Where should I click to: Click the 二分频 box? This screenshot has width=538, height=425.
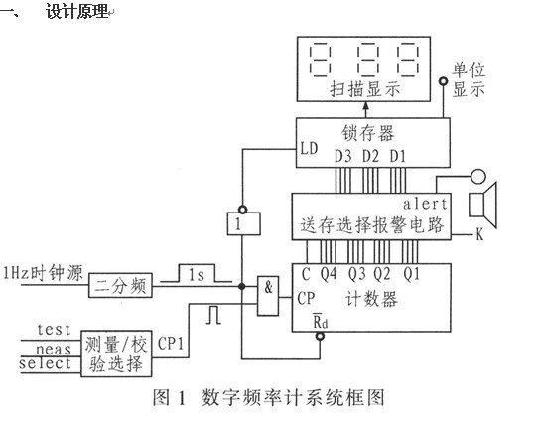[120, 285]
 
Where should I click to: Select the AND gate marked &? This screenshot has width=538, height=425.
[268, 296]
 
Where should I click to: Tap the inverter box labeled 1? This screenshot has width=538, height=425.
[243, 223]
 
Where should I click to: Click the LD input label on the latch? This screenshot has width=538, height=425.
[309, 149]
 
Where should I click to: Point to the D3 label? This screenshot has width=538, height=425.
[342, 157]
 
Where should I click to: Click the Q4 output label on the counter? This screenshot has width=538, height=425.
[329, 274]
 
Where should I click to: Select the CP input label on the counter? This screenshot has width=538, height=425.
[306, 298]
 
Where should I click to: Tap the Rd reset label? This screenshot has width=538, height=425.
[321, 321]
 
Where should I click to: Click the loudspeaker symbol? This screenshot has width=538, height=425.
[482, 205]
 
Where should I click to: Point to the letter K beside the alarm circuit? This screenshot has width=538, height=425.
[479, 234]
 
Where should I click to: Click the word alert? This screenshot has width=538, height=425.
[425, 204]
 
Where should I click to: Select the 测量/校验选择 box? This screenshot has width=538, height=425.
[116, 354]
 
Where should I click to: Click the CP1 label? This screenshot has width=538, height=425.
[171, 343]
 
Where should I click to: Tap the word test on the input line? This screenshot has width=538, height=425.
[54, 330]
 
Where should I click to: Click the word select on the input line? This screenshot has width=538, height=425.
[45, 363]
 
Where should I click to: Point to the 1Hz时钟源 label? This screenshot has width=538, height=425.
[43, 273]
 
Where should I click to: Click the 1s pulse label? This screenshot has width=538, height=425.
[197, 275]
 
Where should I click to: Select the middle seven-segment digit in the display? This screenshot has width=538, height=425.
[368, 60]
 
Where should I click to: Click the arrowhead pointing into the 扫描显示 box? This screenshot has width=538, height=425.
[366, 106]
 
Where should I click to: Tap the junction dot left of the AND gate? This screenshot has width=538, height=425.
[242, 286]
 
